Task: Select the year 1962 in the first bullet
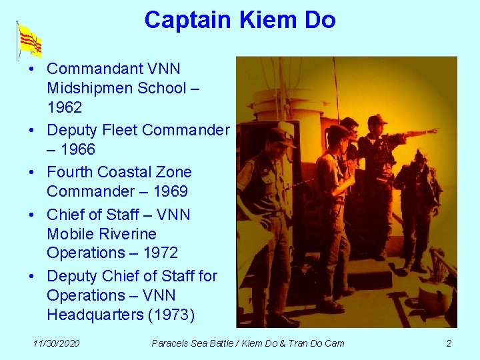(65, 107)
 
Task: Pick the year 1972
(159, 253)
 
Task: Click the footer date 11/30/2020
(57, 343)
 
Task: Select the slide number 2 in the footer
(449, 343)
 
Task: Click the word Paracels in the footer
(171, 343)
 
